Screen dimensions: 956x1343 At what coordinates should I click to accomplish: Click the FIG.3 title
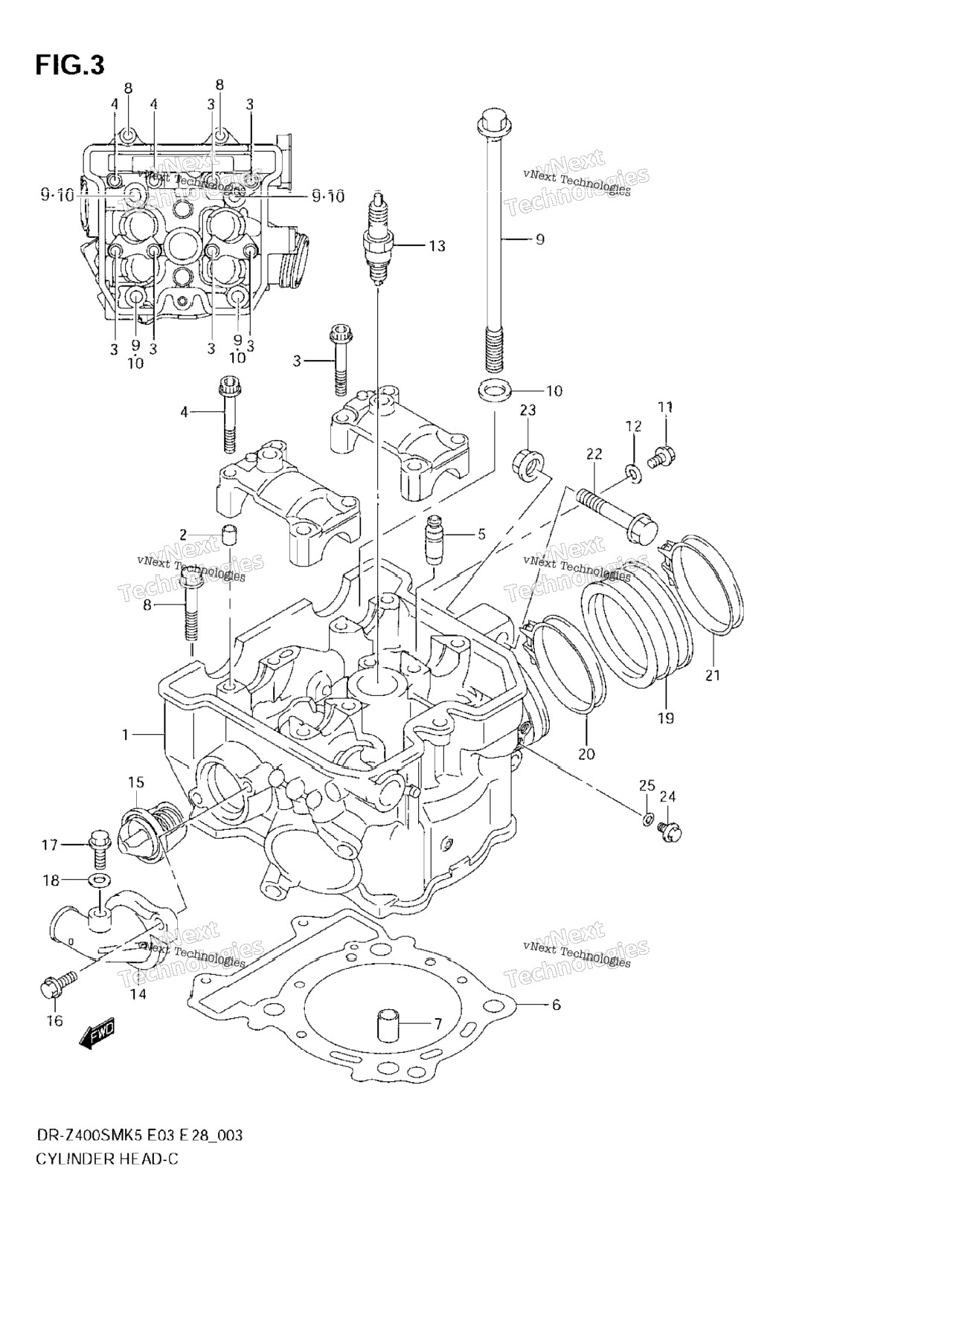(x=70, y=65)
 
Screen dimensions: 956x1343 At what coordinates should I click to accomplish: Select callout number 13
(x=437, y=245)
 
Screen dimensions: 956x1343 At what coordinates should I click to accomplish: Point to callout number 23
(x=527, y=410)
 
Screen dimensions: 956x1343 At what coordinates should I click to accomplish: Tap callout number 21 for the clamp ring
(x=713, y=675)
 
